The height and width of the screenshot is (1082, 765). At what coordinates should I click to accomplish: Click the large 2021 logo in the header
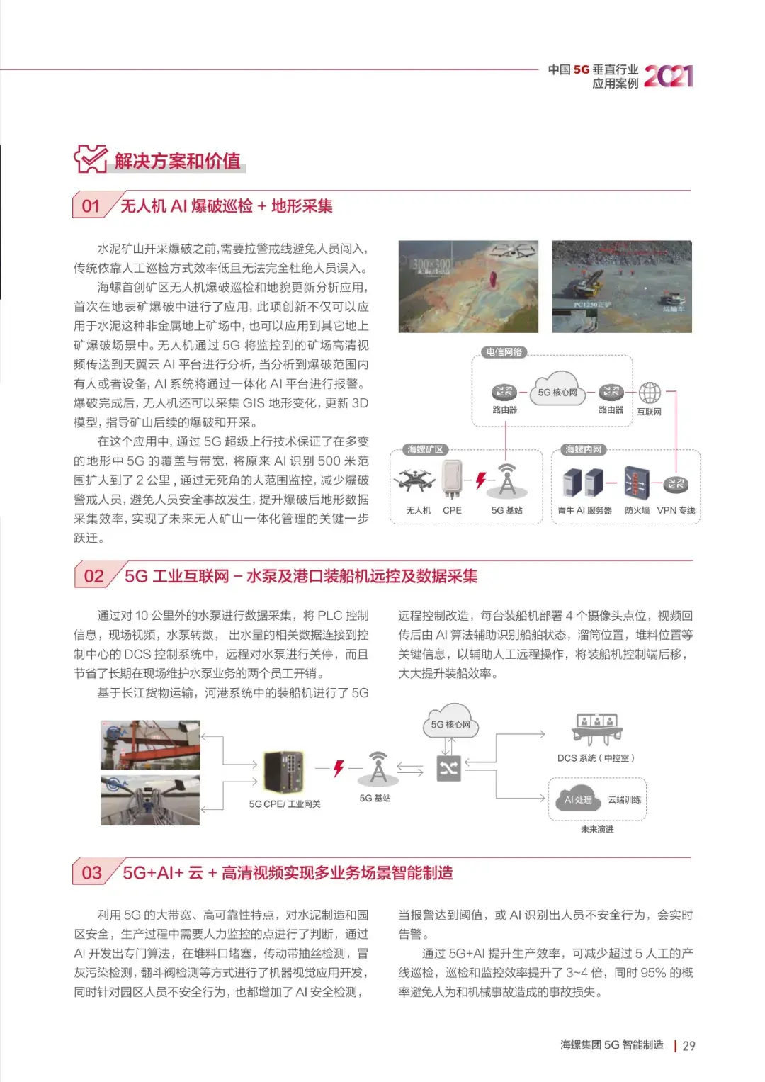pyautogui.click(x=668, y=76)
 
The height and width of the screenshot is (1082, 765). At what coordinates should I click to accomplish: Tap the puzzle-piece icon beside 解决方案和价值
pyautogui.click(x=90, y=159)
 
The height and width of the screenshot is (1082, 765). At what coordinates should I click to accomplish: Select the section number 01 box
pyautogui.click(x=91, y=206)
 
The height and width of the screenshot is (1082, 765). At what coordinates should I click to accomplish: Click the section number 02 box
pyautogui.click(x=93, y=576)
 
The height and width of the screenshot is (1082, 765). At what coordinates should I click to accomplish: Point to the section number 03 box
pyautogui.click(x=92, y=873)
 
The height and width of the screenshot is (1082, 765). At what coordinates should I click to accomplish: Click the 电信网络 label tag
pyautogui.click(x=504, y=352)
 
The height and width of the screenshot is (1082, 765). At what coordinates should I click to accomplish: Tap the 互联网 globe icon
pyautogui.click(x=650, y=393)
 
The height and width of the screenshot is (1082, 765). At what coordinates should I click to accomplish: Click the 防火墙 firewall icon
pyautogui.click(x=636, y=483)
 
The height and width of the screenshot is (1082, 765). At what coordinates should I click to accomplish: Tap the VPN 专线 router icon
pyautogui.click(x=676, y=484)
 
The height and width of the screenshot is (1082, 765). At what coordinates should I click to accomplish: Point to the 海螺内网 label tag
pyautogui.click(x=584, y=450)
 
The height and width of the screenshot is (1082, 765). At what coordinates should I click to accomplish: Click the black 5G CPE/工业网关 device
pyautogui.click(x=284, y=772)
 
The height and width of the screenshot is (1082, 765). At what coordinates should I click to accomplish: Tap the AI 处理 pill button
pyautogui.click(x=578, y=799)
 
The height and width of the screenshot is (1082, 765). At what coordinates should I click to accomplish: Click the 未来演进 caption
pyautogui.click(x=597, y=829)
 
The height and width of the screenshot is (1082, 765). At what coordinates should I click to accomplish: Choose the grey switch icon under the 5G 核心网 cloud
pyautogui.click(x=449, y=768)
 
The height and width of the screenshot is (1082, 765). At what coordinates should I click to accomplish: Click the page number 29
pyautogui.click(x=688, y=1046)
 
